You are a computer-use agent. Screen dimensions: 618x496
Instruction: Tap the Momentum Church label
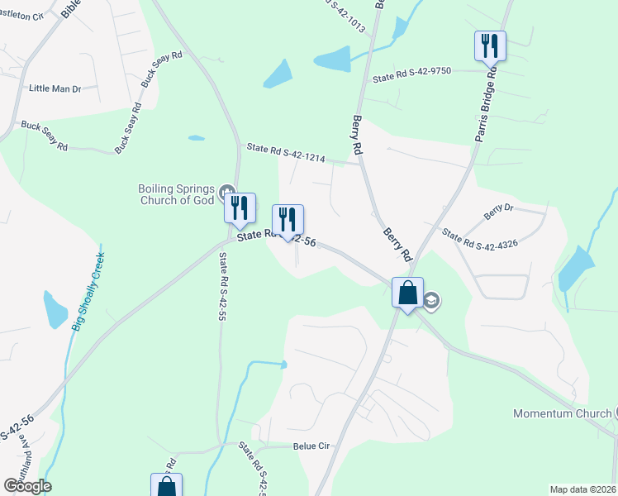(562, 413)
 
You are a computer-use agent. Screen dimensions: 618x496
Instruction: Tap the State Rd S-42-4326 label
(479, 240)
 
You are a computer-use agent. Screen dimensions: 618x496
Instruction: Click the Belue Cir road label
(311, 446)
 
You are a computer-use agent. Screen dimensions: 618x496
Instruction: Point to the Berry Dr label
(499, 212)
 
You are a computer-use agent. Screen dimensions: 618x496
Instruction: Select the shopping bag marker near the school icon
(407, 293)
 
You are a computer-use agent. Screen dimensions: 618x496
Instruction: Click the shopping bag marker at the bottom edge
(166, 486)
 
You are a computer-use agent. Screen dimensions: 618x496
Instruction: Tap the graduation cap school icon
(432, 301)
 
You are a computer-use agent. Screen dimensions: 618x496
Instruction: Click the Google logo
(27, 485)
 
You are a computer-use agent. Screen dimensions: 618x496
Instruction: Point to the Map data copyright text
(582, 489)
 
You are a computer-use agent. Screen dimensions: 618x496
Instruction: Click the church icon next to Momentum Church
(615, 413)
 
